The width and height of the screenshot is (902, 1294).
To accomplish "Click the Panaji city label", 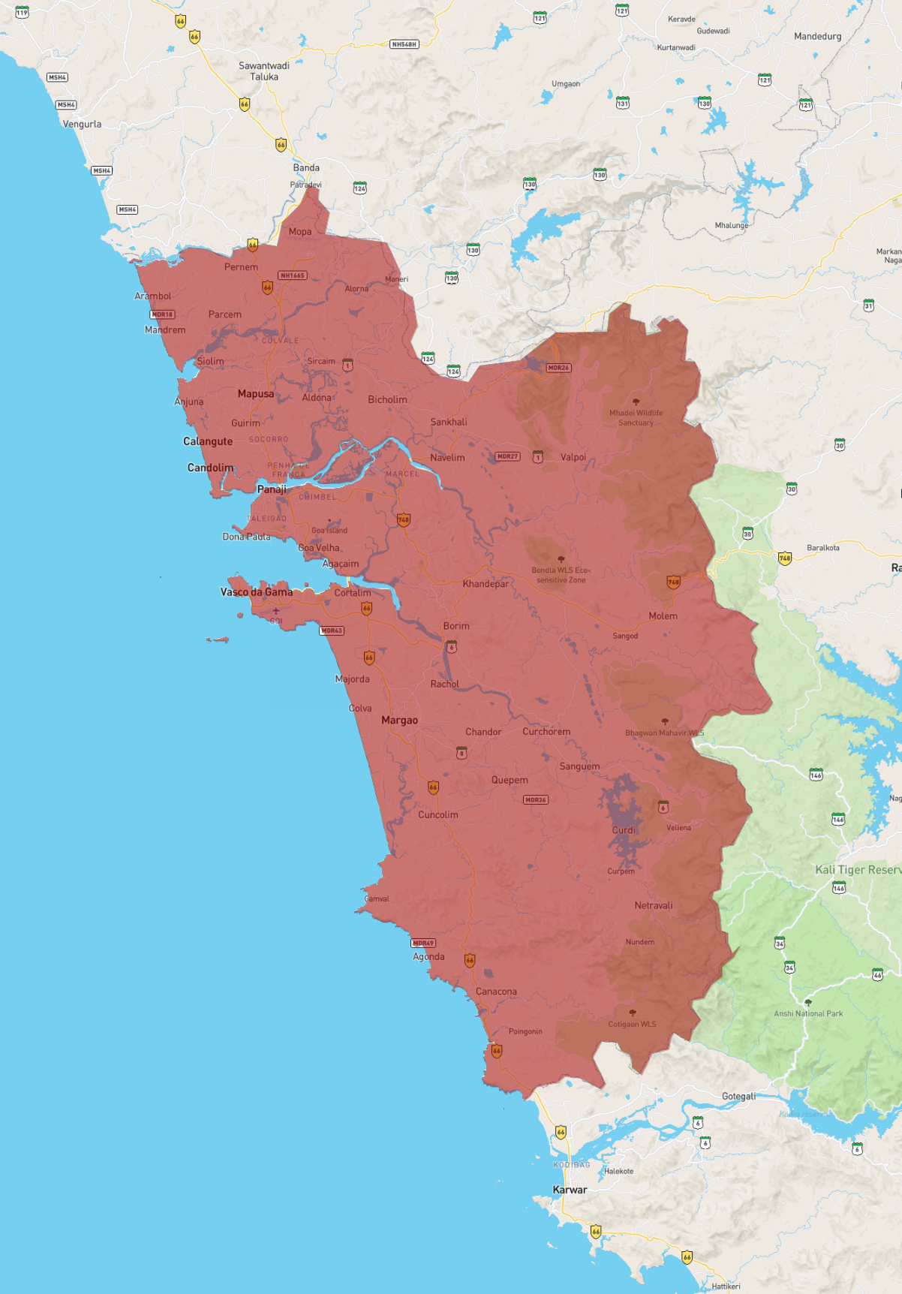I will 272,489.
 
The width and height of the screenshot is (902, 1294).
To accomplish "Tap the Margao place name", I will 399,721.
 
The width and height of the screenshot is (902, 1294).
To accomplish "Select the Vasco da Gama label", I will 257,592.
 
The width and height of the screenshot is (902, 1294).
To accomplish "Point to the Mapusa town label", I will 256,394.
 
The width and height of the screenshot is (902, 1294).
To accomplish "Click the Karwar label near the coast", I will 570,1190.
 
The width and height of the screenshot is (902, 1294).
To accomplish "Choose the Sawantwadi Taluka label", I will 264,71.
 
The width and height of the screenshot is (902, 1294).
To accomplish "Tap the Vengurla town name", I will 82,125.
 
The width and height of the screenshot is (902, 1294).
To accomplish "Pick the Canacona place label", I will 496,992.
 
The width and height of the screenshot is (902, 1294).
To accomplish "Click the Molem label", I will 663,616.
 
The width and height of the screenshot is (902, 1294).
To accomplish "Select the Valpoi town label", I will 573,457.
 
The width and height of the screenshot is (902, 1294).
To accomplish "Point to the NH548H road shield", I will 404,44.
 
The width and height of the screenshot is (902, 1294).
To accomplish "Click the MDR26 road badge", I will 558,368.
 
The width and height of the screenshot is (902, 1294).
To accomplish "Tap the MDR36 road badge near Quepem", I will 536,800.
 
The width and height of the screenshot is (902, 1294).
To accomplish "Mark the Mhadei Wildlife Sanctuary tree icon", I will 636,402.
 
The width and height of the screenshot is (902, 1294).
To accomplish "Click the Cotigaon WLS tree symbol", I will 633,1013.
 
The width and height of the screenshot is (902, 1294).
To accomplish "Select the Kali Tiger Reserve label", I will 858,870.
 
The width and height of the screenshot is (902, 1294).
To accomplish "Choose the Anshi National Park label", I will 808,1014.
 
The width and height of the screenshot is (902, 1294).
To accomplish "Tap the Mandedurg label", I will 817,36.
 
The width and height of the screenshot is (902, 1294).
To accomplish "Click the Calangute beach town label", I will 208,441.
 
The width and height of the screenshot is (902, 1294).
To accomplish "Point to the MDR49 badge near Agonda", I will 423,943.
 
